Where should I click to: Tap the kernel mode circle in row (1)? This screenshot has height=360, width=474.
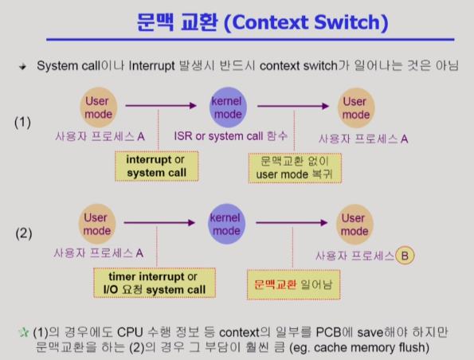pos(228,108)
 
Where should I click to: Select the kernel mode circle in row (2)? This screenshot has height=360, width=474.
pos(226,224)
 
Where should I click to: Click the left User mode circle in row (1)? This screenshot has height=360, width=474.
pos(99,108)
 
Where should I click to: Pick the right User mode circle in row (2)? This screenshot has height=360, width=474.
pos(355,225)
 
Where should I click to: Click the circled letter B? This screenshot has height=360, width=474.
pos(405,256)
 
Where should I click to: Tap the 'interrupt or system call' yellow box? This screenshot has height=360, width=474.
pos(157,166)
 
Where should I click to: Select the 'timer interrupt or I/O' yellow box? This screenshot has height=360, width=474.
pos(155,283)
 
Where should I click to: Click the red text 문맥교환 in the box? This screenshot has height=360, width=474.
pos(276,284)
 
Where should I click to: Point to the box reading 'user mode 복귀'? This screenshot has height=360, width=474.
pos(295,168)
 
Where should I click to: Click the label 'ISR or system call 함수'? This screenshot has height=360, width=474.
pos(231,136)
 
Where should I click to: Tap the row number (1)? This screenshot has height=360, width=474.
pos(22,123)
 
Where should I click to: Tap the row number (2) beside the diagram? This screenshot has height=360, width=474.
pos(24,233)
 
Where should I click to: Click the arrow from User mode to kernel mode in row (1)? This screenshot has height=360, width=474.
pos(161,105)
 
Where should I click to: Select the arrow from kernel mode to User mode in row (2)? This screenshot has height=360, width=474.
pos(292,223)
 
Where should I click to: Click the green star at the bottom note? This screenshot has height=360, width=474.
pos(23,332)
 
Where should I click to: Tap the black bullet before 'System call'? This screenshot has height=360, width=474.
pos(22,66)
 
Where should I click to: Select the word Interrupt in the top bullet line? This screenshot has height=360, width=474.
pos(151,65)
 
